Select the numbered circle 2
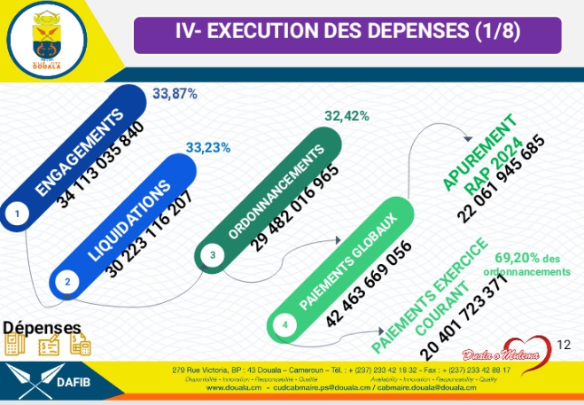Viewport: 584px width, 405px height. tap(67, 281)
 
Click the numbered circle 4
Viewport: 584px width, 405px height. tap(284, 324)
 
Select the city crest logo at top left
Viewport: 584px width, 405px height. tap(45, 37)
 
